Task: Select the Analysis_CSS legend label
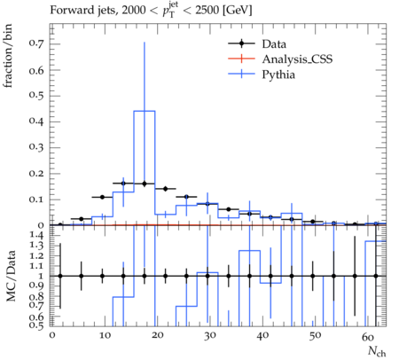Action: click(297, 59)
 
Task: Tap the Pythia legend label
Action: click(278, 74)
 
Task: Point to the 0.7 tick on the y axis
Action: click(36, 43)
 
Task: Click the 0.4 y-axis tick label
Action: click(36, 121)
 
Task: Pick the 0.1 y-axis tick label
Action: click(36, 200)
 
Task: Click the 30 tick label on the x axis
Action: click(209, 336)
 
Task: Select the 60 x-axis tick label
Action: click(368, 336)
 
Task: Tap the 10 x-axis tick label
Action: click(105, 336)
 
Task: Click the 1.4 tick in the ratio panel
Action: click(36, 236)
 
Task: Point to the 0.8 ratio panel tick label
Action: click(36, 296)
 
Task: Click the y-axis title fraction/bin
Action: click(7, 56)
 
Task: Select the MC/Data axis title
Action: click(11, 276)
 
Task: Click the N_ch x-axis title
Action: click(377, 352)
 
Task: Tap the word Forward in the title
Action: click(68, 10)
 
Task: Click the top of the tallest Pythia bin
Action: click(145, 111)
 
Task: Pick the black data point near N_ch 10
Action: click(102, 197)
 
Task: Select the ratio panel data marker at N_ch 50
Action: click(313, 276)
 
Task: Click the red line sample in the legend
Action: click(241, 59)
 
